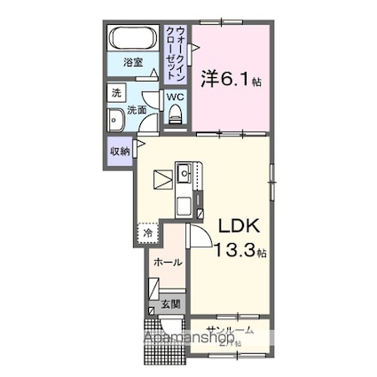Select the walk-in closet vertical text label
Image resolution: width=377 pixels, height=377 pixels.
click(x=177, y=52)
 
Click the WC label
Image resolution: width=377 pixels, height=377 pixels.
click(x=175, y=96)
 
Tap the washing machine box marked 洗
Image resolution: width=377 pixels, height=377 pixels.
click(x=116, y=92)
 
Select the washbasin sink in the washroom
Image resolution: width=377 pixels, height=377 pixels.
click(x=115, y=122)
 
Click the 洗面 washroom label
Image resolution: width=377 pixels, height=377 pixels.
click(x=136, y=111)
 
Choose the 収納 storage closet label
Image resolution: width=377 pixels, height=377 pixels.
click(x=120, y=151)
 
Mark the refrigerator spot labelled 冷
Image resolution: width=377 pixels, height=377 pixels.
click(x=147, y=233)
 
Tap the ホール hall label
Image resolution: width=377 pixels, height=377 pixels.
click(x=167, y=263)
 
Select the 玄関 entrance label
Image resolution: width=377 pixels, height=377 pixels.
click(x=170, y=305)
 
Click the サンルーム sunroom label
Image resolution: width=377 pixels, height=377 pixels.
click(x=229, y=330)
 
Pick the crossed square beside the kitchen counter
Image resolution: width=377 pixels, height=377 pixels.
click(x=162, y=178)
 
